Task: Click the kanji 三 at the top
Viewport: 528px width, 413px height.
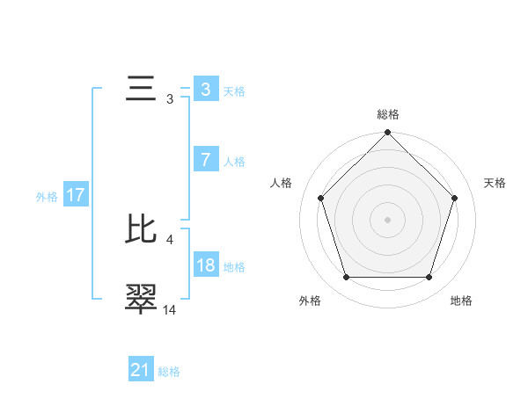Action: coord(142,89)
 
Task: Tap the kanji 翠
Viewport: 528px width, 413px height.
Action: coord(142,298)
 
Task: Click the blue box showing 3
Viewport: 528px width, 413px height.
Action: coord(205,89)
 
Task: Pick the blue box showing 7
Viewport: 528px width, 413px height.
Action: coord(205,159)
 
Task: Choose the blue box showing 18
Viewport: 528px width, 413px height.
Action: coord(205,265)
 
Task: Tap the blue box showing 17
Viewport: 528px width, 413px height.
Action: coord(75,195)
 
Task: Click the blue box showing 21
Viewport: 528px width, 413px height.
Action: coord(141,370)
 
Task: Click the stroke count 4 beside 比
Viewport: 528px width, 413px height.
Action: coord(169,238)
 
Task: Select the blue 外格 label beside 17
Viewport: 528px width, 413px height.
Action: coord(47,197)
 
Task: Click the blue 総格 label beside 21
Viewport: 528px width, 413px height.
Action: coord(169,372)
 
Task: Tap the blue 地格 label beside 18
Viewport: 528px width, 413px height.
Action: coord(234,267)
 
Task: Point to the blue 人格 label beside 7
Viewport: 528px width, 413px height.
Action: coord(234,162)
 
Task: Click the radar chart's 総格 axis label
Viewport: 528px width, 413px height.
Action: coord(388,114)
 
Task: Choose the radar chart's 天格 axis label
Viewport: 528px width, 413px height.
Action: coord(495,183)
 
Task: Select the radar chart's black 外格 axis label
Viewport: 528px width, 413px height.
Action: coord(310,301)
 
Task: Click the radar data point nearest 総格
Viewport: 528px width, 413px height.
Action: coord(387,134)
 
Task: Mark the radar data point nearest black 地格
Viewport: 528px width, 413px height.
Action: coord(429,278)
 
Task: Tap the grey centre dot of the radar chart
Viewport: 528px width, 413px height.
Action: coord(387,220)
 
